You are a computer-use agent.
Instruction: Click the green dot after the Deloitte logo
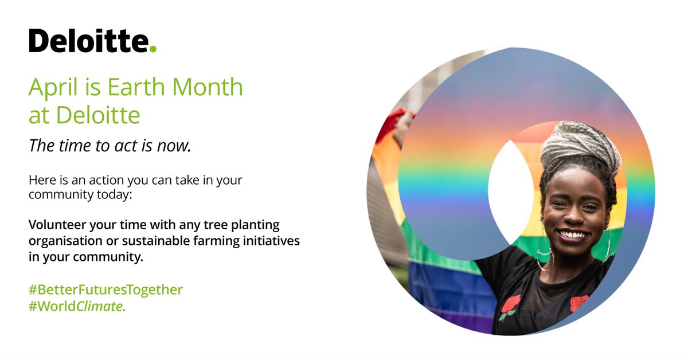[153, 49]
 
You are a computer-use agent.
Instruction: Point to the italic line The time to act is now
[110, 146]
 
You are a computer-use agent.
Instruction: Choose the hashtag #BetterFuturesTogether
[105, 289]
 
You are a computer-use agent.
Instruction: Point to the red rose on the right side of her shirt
[579, 302]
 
